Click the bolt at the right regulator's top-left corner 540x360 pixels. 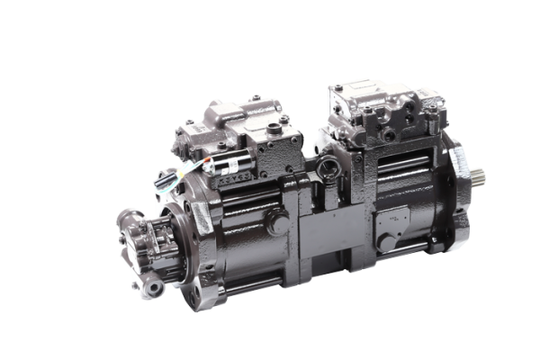tap(334, 90)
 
